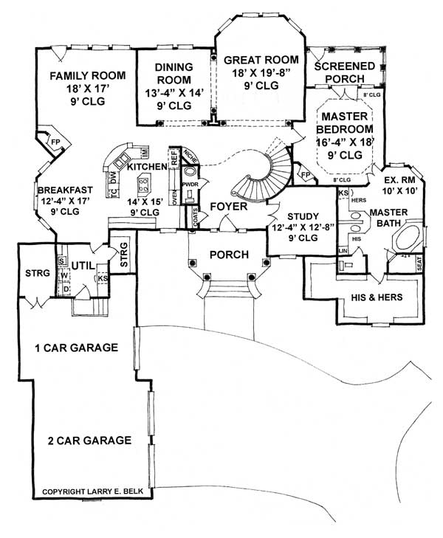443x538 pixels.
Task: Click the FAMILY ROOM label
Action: (x=87, y=75)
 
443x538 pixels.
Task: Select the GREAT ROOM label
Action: (x=261, y=60)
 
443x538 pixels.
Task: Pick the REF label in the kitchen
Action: (x=174, y=157)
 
